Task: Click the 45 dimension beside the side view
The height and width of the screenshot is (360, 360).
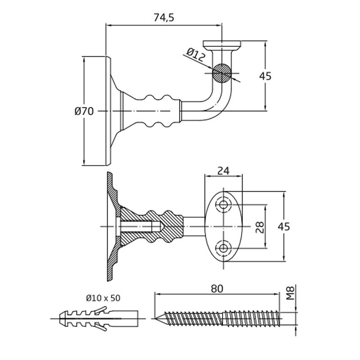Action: [265, 76]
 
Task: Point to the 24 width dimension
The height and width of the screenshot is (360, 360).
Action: [224, 171]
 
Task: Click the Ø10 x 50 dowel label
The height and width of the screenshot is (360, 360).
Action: [103, 298]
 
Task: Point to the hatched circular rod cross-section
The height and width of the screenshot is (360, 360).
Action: [222, 72]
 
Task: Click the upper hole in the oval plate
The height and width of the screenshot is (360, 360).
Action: [224, 205]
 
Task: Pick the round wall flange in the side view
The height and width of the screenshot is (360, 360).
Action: [108, 110]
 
